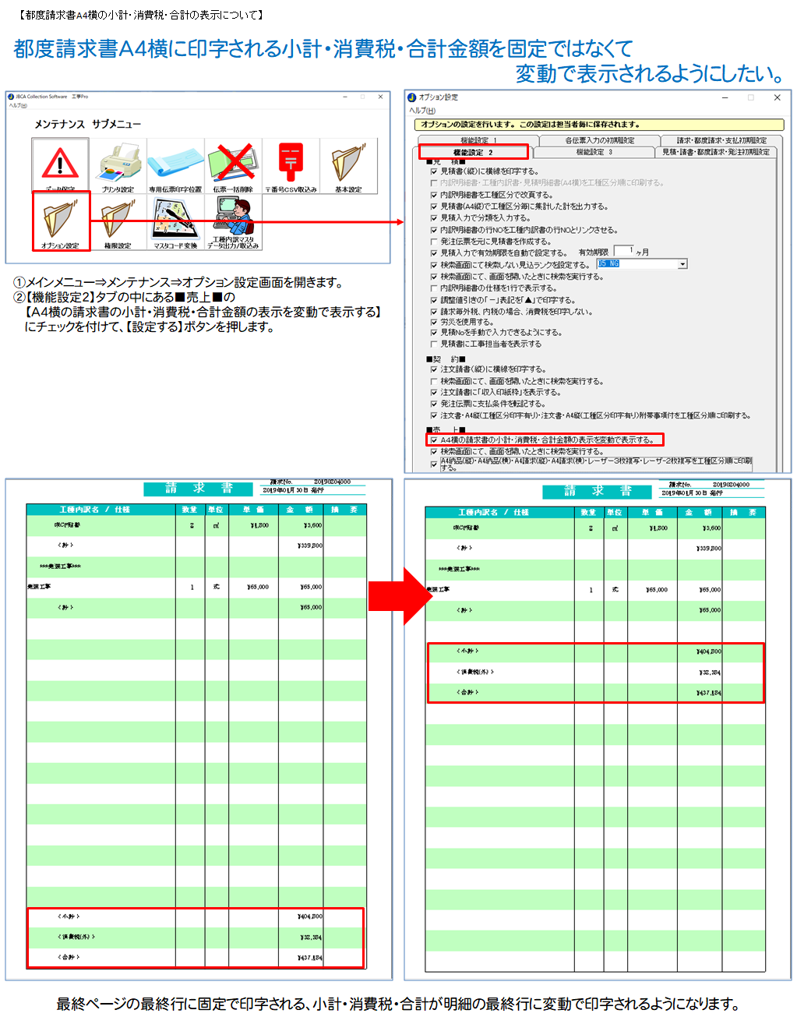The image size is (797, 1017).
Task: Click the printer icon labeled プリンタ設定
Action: coord(118,164)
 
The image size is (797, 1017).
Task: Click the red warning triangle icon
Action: coord(60,164)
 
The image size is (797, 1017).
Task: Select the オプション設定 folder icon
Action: coord(60,221)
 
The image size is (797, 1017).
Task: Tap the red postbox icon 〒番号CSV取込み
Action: coord(291,163)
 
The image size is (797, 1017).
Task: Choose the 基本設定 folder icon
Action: coord(348,163)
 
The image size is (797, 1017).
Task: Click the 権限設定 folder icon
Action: coord(118,221)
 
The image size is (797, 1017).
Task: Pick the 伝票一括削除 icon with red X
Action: coord(233,163)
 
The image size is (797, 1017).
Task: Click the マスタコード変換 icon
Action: coord(175,221)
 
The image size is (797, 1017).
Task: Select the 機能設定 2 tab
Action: coord(473,152)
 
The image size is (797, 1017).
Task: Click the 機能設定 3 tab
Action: coord(594,152)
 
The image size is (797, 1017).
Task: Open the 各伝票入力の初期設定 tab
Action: coord(599,140)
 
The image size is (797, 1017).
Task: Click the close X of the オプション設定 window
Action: coord(777,97)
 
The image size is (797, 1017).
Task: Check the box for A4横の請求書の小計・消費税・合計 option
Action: coord(434,440)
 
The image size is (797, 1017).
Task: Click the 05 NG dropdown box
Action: coord(641,264)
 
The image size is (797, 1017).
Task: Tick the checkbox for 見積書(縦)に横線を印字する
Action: coord(434,171)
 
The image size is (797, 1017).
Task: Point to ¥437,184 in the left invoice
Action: coord(309,957)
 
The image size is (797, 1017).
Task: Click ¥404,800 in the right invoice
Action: coord(708,651)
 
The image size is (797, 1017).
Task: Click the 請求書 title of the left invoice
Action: coord(199,489)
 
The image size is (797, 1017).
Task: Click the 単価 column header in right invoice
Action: coord(650,512)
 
